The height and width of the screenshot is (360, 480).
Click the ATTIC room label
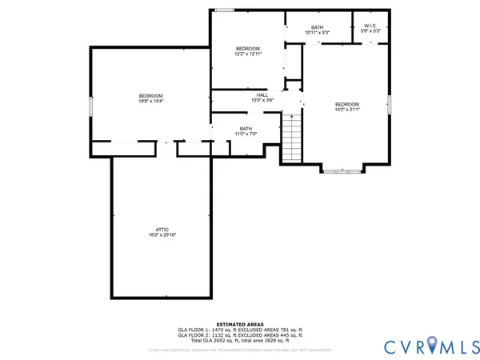(160, 229)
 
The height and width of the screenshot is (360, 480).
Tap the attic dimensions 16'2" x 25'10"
(160, 234)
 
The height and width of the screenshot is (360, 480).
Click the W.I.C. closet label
(370, 26)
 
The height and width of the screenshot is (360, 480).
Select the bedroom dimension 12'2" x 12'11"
(248, 54)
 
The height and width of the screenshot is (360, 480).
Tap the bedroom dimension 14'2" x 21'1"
(346, 110)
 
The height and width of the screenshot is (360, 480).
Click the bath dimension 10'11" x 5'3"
(317, 33)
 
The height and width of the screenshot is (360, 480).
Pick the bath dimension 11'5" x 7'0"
(246, 134)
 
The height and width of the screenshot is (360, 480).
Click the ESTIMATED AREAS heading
(239, 324)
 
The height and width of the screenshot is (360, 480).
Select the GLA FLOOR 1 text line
(239, 330)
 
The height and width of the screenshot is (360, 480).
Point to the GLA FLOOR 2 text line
(239, 335)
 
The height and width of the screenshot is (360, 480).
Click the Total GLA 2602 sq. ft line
(239, 341)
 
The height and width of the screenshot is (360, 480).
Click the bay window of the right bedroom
(342, 170)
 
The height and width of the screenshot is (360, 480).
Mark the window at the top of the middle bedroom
(225, 10)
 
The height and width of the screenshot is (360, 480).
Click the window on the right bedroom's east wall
(390, 104)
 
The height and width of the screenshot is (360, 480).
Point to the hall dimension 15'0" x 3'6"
(239, 101)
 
